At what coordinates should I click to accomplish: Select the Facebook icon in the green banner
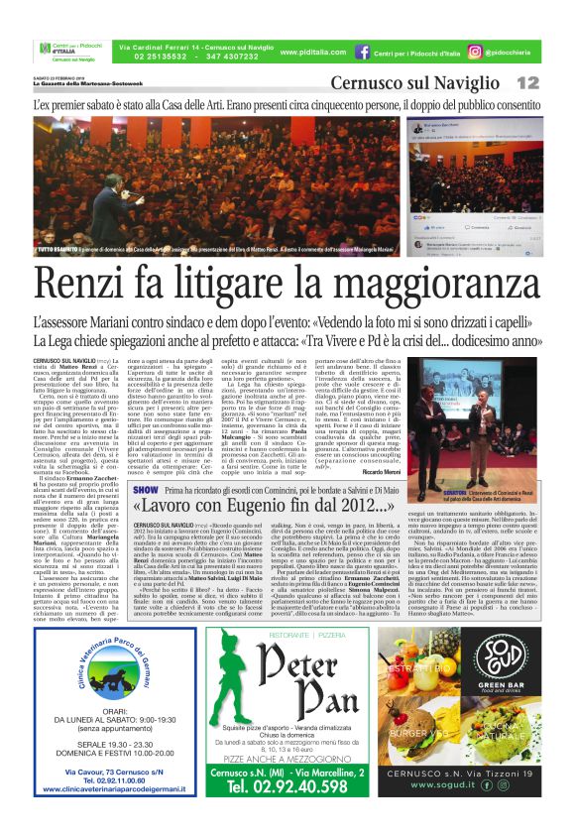[x=364, y=50]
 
